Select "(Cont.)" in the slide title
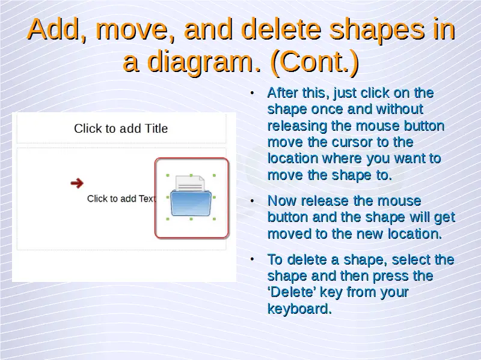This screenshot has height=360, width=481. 314,62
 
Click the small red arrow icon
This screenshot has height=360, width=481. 77,183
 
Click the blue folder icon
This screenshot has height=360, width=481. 191,203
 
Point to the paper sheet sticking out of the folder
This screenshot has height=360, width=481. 190,184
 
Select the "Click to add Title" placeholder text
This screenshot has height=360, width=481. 121,128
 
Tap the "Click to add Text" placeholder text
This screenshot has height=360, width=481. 121,199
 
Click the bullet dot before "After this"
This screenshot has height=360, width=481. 252,93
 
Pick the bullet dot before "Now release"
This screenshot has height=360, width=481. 252,201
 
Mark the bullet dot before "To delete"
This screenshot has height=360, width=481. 252,259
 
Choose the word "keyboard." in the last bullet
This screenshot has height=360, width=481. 299,308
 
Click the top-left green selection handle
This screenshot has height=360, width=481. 168,175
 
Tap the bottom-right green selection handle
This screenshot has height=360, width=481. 214,219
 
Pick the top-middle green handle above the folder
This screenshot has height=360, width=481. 191,175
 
